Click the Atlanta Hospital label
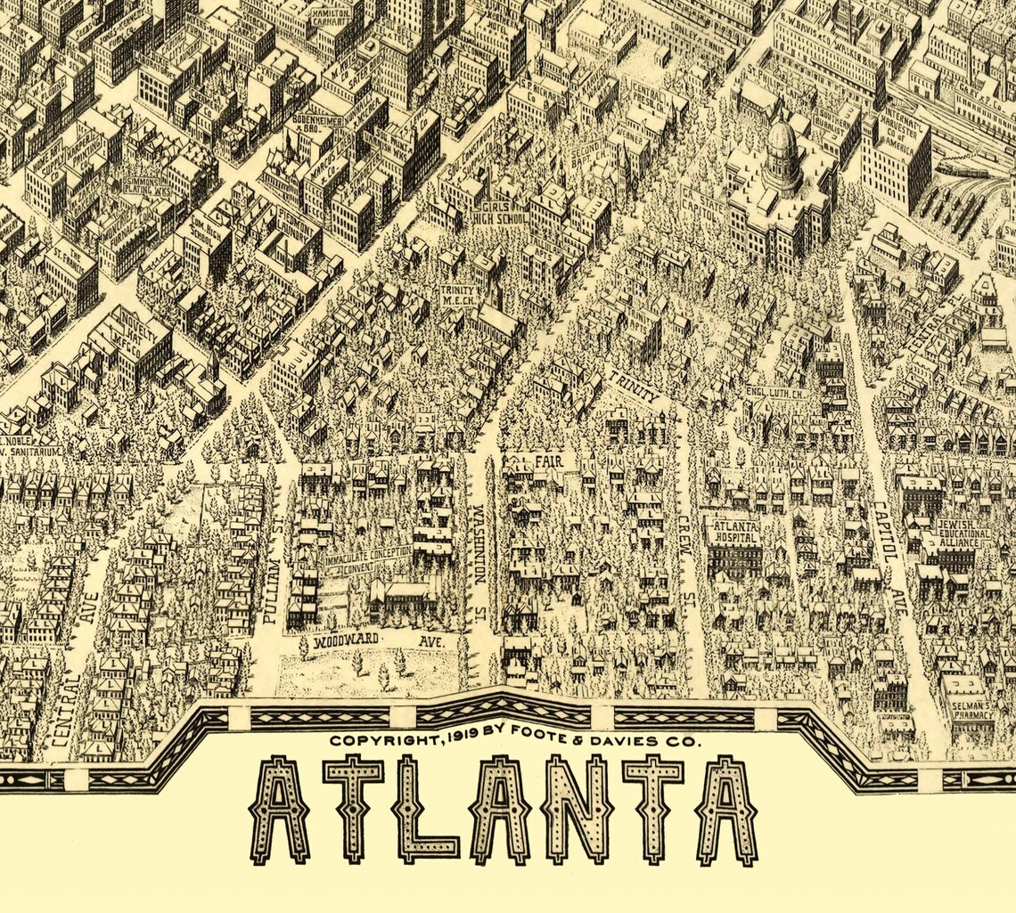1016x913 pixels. point(733,532)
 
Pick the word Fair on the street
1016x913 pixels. point(548,461)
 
